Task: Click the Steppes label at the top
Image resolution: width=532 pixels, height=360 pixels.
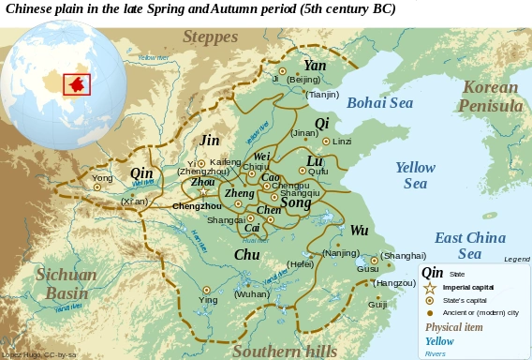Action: coord(213,37)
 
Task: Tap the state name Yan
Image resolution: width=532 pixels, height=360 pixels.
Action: coord(315,66)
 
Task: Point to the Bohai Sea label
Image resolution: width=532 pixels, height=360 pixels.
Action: coord(379,103)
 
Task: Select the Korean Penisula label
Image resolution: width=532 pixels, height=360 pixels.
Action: coord(490,97)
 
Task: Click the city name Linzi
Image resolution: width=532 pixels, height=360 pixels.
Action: coord(342,142)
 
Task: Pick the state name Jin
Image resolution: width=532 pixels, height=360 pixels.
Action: coord(210,141)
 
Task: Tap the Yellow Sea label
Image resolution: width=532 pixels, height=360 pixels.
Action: coord(414,175)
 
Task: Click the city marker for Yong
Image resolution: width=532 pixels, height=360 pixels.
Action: coord(96,187)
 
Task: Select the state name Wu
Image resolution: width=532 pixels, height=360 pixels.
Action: coord(359,231)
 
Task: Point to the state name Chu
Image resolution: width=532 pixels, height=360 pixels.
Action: coord(246,254)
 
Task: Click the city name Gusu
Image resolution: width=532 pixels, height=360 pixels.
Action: coord(368,269)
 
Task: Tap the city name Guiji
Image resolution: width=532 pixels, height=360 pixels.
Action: coord(377,305)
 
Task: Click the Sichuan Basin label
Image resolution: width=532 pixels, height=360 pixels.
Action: coord(66,283)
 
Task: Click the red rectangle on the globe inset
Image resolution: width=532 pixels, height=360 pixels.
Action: coord(76,82)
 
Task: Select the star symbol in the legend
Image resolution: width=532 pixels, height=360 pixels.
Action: coord(430,288)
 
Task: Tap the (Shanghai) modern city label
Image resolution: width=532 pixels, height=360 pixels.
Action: coord(404,255)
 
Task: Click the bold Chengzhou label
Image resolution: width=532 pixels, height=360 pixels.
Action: coord(197,205)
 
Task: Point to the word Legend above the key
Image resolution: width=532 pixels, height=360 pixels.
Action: coord(516,259)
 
